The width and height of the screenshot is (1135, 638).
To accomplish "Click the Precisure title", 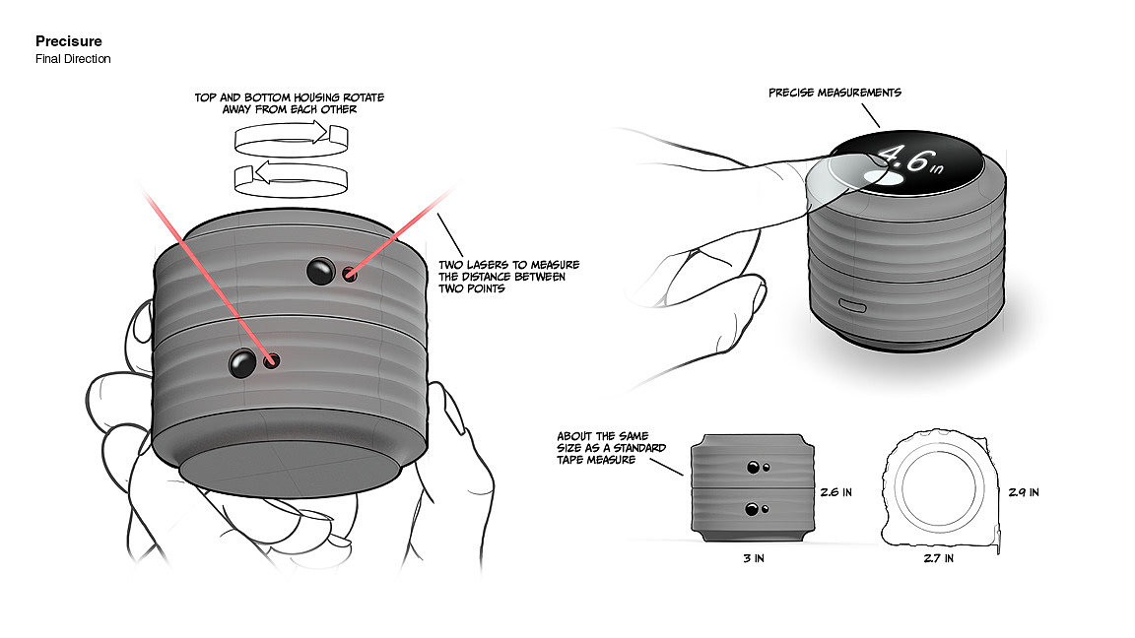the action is pyautogui.click(x=69, y=41).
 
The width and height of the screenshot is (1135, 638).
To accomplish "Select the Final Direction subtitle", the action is pyautogui.click(x=73, y=59).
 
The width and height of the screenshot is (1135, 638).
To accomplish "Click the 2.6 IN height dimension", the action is pyautogui.click(x=836, y=492).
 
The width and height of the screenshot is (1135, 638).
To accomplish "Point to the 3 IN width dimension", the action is pyautogui.click(x=754, y=558).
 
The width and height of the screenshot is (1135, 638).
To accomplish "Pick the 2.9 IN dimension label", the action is pyautogui.click(x=1024, y=492).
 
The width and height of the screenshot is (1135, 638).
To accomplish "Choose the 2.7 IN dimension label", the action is pyautogui.click(x=938, y=558).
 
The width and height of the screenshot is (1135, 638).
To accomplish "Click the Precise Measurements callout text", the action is pyautogui.click(x=835, y=93).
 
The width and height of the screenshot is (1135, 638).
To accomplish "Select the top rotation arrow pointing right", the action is pyautogui.click(x=291, y=138).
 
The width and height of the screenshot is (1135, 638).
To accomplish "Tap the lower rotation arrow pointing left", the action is pyautogui.click(x=291, y=178).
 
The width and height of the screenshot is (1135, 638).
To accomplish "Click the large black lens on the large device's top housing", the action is pyautogui.click(x=320, y=272).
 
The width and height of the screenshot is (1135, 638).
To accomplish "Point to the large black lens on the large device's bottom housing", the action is pyautogui.click(x=242, y=362).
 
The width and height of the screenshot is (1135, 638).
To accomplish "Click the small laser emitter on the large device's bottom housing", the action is pyautogui.click(x=272, y=360).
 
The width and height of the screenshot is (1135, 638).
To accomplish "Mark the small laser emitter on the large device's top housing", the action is pyautogui.click(x=350, y=274).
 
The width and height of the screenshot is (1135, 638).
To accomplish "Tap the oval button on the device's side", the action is pyautogui.click(x=852, y=305).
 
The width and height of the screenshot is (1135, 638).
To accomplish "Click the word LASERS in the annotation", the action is pyautogui.click(x=485, y=265).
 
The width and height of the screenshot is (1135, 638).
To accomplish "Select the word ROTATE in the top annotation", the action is pyautogui.click(x=364, y=96).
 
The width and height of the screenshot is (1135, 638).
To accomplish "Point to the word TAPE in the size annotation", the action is pyautogui.click(x=571, y=460).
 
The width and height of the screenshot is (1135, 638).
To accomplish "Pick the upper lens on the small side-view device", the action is pyautogui.click(x=753, y=468).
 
